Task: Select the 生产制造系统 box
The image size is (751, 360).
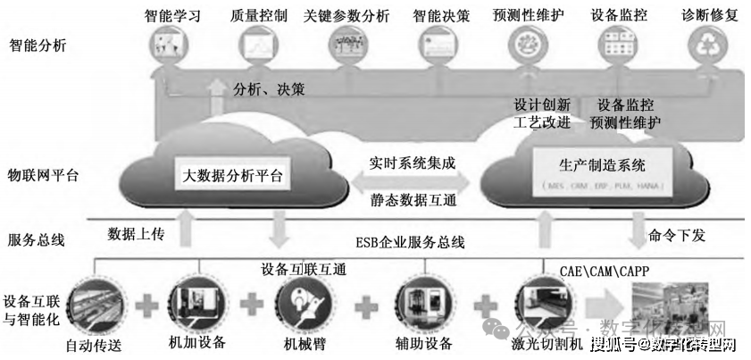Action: pos(588,165)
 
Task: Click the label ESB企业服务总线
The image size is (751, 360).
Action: pos(410,242)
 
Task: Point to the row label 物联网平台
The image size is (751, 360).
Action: pos(43,175)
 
